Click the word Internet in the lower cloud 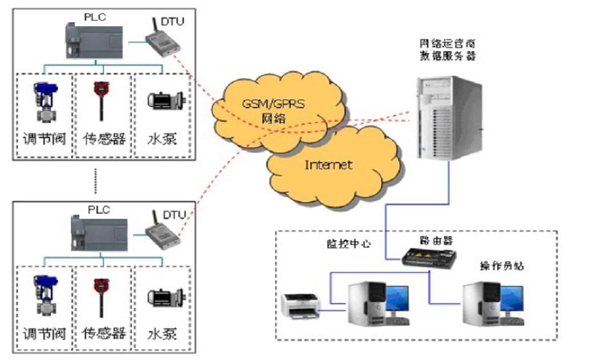328,164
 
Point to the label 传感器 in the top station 104,138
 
